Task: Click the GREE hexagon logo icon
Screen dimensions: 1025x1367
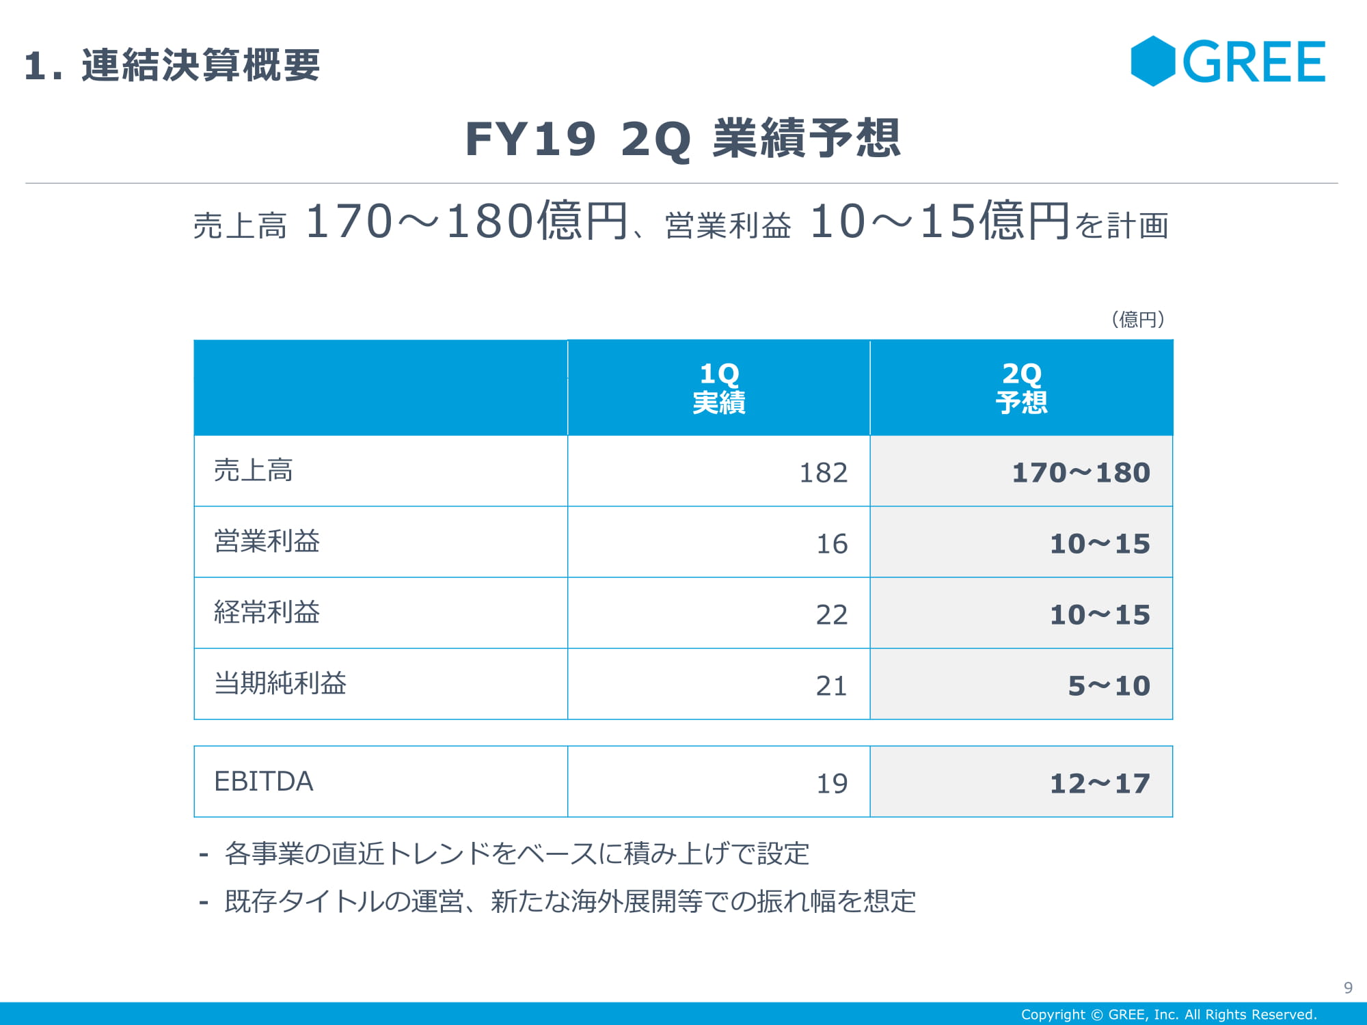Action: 1152,61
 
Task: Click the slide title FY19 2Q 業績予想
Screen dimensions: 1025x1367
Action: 682,139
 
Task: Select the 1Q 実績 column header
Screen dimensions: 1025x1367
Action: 718,388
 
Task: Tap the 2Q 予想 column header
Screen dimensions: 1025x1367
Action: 1021,388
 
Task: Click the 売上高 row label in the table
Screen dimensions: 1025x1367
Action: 253,471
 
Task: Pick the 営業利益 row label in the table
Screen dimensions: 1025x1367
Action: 267,542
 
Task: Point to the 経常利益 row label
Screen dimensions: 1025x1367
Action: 267,613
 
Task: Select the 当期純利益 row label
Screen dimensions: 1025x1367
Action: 280,684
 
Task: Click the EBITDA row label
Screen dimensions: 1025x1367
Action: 264,782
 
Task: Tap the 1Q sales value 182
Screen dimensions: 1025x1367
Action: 823,473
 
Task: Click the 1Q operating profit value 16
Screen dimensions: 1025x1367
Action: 832,544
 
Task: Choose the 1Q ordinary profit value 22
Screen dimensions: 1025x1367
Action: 832,615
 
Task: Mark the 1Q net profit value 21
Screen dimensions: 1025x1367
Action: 832,686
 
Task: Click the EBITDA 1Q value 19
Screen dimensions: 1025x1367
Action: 832,784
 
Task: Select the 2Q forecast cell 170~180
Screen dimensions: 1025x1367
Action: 1081,473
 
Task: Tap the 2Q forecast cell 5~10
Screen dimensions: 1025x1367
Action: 1109,686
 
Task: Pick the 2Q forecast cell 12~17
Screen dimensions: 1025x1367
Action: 1100,784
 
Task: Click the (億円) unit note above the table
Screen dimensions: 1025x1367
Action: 1138,319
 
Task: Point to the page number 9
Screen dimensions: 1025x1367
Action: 1348,987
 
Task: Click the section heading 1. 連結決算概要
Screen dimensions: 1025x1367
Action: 172,66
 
